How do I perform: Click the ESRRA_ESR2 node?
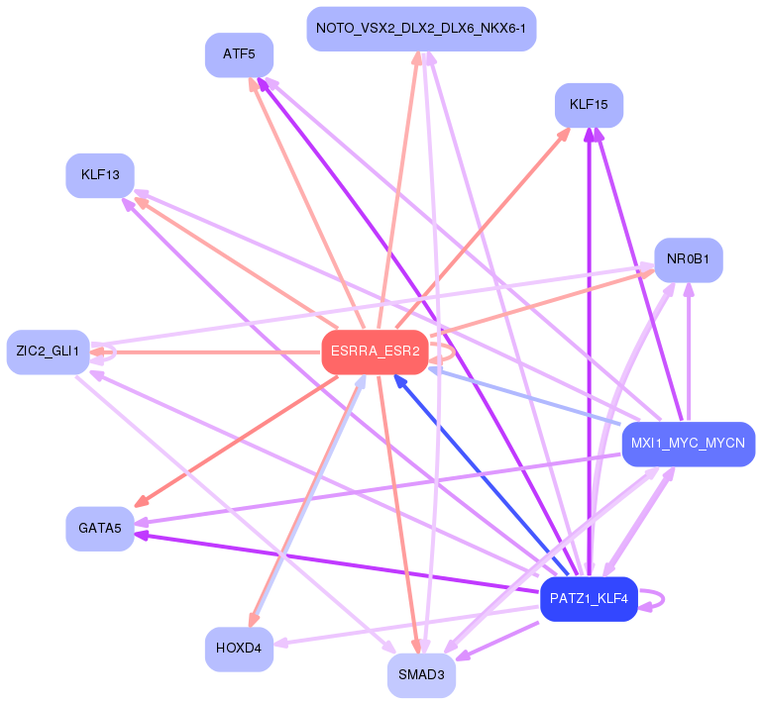pyautogui.click(x=375, y=352)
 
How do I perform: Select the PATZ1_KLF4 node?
pyautogui.click(x=588, y=599)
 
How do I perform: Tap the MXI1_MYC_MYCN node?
pyautogui.click(x=688, y=443)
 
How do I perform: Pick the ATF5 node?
pyautogui.click(x=239, y=54)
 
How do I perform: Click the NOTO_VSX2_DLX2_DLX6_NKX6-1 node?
pyautogui.click(x=421, y=29)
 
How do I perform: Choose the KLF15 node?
pyautogui.click(x=589, y=105)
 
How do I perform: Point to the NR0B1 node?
pyautogui.click(x=688, y=260)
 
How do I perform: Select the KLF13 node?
pyautogui.click(x=100, y=175)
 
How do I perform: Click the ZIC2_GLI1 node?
pyautogui.click(x=48, y=352)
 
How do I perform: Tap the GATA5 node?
pyautogui.click(x=99, y=529)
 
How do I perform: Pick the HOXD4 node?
pyautogui.click(x=239, y=650)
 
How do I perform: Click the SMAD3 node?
pyautogui.click(x=421, y=675)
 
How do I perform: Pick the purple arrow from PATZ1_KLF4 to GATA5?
pyautogui.click(x=337, y=559)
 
